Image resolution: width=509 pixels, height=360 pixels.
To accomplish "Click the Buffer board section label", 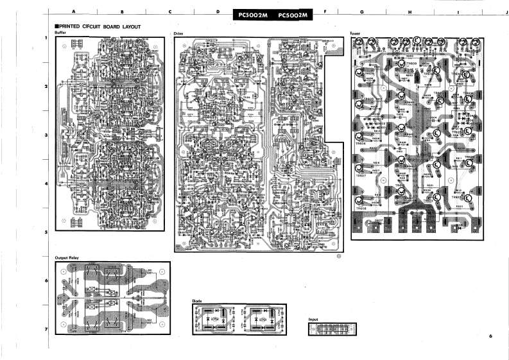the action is (x=60, y=32).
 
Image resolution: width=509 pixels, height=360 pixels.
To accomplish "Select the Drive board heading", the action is (x=179, y=32).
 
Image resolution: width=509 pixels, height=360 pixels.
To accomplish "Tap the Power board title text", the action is (x=356, y=32).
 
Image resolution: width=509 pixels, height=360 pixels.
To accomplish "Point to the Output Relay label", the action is (x=67, y=258).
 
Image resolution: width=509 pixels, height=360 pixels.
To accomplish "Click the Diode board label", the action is (x=197, y=300).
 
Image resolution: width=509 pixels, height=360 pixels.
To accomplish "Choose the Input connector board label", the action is (x=313, y=319).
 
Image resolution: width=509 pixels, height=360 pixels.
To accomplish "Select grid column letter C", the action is (x=169, y=12).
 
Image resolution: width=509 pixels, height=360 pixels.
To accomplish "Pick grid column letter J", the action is (x=506, y=12).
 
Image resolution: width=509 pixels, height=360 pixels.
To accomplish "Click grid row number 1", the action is (x=46, y=39).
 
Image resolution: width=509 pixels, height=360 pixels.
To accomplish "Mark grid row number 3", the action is (x=46, y=135).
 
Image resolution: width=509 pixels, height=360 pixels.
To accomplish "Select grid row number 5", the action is (x=46, y=232).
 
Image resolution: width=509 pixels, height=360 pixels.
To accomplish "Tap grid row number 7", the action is (x=46, y=329).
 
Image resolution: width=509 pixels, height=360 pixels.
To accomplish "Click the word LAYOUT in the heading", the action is (x=131, y=26).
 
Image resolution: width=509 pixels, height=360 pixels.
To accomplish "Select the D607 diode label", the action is (x=379, y=220).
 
